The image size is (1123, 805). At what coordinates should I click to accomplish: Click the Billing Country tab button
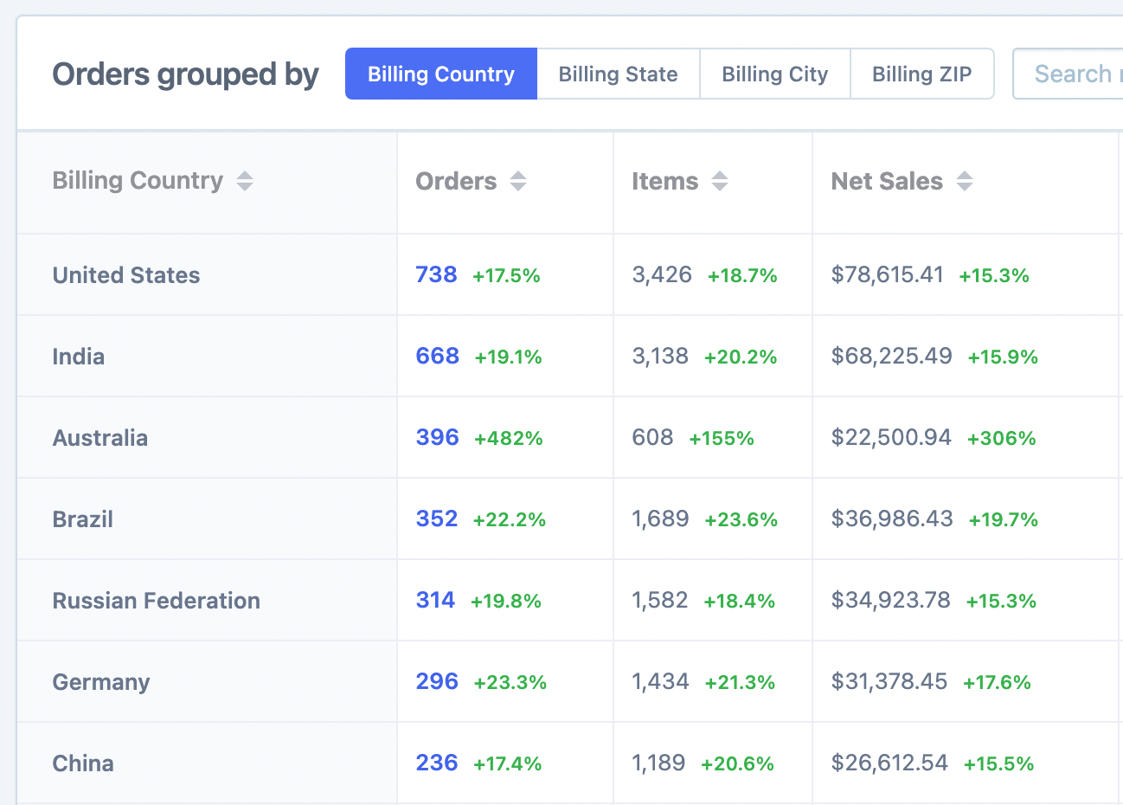440,74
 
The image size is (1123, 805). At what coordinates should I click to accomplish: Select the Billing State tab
618,74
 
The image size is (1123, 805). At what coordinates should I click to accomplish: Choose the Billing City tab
774,74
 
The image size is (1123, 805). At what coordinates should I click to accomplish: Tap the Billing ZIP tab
921,74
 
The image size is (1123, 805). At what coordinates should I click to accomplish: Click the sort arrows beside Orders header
518,181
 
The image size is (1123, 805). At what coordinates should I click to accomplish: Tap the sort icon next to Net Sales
965,181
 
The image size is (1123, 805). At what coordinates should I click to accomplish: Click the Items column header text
664,181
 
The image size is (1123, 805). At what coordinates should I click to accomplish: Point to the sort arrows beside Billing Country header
245,181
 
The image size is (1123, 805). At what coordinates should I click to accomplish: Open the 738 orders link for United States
436,274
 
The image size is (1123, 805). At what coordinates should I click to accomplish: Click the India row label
79,357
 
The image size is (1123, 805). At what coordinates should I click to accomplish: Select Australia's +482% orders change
508,438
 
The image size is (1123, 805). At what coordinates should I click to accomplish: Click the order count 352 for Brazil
436,518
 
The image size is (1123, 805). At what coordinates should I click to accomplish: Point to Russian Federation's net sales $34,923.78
890,600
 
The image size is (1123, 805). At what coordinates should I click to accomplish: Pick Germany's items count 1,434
660,681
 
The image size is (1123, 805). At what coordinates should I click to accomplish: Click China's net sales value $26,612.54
889,763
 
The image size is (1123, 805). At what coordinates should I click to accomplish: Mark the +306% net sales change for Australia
1001,438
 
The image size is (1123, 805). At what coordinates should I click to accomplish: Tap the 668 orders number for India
437,356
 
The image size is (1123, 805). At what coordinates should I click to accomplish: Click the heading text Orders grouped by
185,74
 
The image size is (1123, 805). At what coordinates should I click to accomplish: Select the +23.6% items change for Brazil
741,519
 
